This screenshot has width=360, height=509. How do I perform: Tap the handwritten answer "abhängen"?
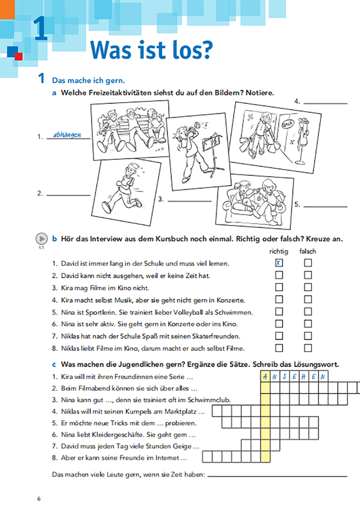tap(67, 135)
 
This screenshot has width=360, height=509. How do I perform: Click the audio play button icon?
tap(41, 239)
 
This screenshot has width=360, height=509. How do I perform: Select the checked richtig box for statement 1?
tap(279, 263)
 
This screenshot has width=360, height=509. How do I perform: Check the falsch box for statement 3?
tap(308, 287)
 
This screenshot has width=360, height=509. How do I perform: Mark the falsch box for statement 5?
tap(308, 312)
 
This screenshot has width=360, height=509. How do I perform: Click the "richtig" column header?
tap(279, 251)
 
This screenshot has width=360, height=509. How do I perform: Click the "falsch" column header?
tap(308, 251)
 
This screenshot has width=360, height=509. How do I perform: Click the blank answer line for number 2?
tap(68, 195)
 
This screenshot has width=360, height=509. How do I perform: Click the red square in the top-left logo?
tap(18, 56)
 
